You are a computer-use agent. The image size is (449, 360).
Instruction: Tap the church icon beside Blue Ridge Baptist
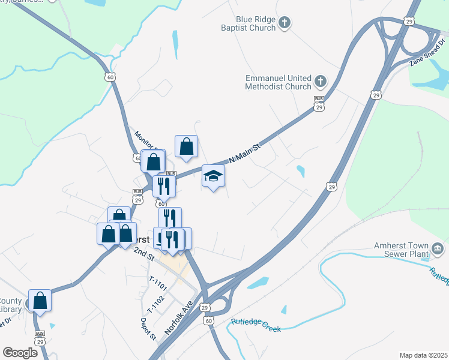point(285,23)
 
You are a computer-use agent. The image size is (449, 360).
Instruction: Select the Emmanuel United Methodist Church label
point(278,82)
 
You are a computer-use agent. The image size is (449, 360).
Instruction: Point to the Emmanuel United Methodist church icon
point(321,81)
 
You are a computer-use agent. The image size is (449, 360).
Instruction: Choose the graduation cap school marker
point(213,176)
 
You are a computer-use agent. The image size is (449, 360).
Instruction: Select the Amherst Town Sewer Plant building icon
point(438,248)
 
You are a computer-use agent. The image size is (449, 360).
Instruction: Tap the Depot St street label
point(152,328)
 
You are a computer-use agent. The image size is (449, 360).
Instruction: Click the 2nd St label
point(144,252)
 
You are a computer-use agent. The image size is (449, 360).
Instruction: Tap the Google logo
point(20,352)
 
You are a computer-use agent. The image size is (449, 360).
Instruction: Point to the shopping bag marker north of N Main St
point(186,146)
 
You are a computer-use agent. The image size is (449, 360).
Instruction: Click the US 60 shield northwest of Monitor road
point(110,77)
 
